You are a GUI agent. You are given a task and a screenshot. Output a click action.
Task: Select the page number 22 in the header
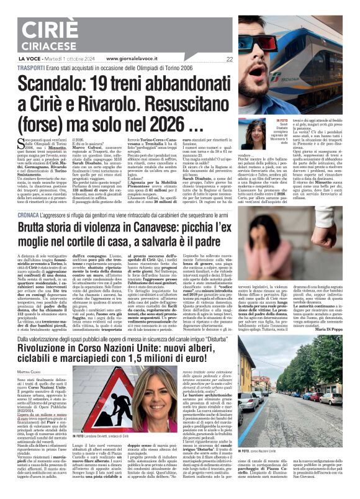(230, 59)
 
